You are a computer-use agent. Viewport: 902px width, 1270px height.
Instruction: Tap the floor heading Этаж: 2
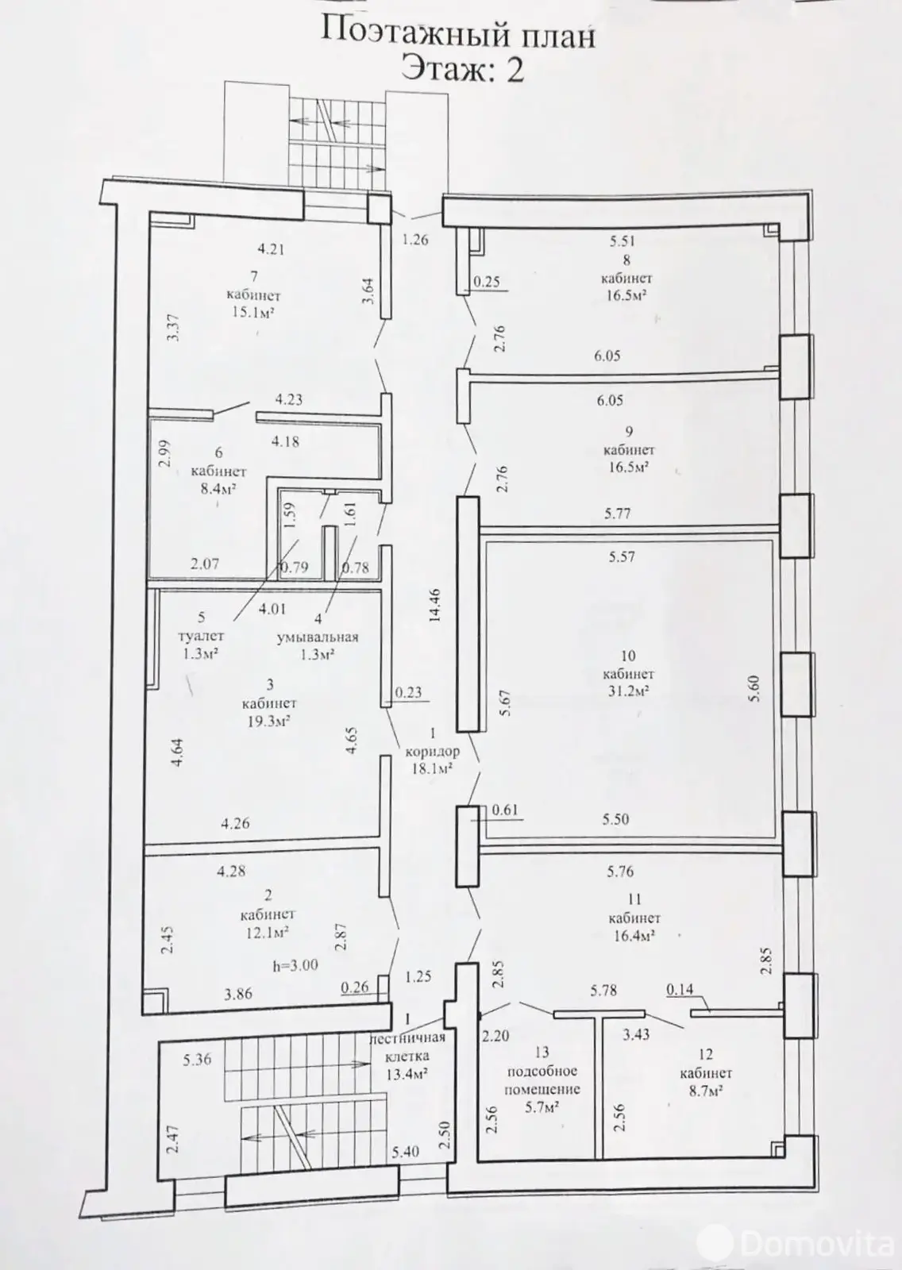pos(462,70)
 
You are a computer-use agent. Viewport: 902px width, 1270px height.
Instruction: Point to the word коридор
pos(433,752)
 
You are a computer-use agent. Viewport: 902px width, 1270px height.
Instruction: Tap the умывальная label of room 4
pos(317,637)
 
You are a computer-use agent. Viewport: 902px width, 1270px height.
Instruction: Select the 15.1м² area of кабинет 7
pos(253,313)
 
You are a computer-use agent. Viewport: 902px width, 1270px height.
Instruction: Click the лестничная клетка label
pos(408,1047)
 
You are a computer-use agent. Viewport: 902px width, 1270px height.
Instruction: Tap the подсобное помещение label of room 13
pos(543,1081)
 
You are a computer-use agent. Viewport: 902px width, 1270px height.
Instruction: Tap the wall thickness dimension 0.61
pos(505,810)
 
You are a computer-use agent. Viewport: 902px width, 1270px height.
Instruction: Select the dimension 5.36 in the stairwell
pos(197,1059)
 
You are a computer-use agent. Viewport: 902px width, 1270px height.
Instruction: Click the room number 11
pos(633,900)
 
